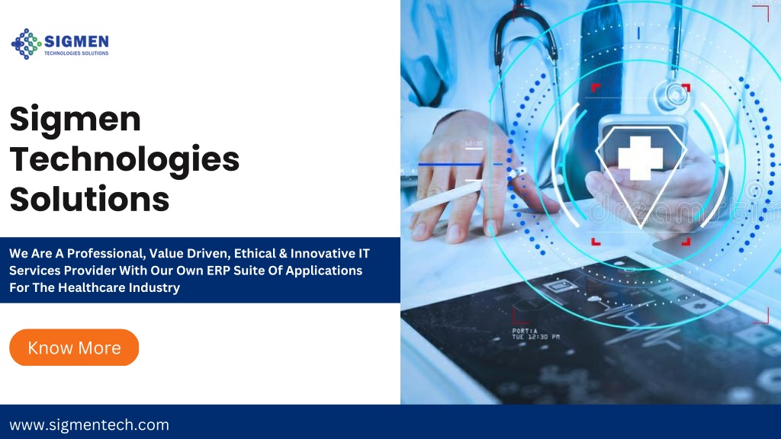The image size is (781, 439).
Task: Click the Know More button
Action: tap(74, 348)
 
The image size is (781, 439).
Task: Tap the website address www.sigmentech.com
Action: tap(89, 425)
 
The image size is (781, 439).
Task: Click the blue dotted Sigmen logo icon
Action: tap(27, 43)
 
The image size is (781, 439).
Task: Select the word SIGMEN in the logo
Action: tap(77, 40)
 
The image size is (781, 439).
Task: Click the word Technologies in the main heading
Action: tap(124, 160)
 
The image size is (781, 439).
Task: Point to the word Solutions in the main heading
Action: tap(89, 199)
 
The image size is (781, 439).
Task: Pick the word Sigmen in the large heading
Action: tap(76, 120)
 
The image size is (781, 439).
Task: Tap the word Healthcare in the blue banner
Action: tap(88, 287)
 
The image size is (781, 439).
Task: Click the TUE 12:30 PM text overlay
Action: tap(535, 336)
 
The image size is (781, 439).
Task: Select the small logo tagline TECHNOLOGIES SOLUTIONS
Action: tap(76, 53)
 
